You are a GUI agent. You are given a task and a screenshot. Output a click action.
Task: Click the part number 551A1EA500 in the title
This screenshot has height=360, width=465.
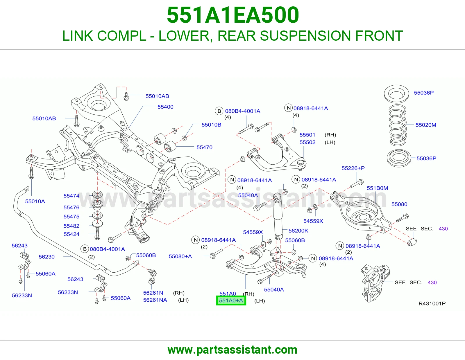(233, 15)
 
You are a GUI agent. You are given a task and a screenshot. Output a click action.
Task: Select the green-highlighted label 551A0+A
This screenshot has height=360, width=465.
(231, 300)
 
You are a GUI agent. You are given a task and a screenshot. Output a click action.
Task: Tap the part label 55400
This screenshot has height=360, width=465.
(165, 107)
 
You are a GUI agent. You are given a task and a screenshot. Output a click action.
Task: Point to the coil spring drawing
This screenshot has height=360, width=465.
(397, 125)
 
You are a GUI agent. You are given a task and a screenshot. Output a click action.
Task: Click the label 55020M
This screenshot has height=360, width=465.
(426, 125)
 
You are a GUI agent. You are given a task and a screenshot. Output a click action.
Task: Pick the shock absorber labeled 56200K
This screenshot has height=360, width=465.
(278, 216)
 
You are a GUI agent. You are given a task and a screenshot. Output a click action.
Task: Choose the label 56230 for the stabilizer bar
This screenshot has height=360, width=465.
(47, 257)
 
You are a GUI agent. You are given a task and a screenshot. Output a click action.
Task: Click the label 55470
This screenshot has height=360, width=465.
(204, 147)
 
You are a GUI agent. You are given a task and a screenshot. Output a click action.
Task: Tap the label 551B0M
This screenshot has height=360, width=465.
(377, 188)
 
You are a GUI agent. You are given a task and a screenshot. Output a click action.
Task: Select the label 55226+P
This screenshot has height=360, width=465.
(353, 168)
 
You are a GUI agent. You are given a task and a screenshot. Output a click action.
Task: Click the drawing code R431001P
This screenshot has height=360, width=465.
(432, 303)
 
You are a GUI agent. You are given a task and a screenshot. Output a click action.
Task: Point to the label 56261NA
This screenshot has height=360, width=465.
(155, 300)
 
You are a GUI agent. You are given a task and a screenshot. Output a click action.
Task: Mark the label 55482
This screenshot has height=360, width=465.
(71, 226)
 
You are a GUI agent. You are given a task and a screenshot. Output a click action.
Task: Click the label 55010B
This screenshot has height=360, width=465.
(211, 125)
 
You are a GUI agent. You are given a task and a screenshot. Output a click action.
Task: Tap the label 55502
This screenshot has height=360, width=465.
(307, 142)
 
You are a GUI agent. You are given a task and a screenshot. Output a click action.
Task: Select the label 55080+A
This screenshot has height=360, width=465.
(180, 256)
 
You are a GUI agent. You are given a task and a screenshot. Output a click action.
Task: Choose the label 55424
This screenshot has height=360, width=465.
(71, 234)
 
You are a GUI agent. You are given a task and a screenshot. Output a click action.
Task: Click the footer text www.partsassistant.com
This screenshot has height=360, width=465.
(233, 350)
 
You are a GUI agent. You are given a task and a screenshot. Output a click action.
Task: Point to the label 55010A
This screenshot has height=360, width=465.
(35, 201)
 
